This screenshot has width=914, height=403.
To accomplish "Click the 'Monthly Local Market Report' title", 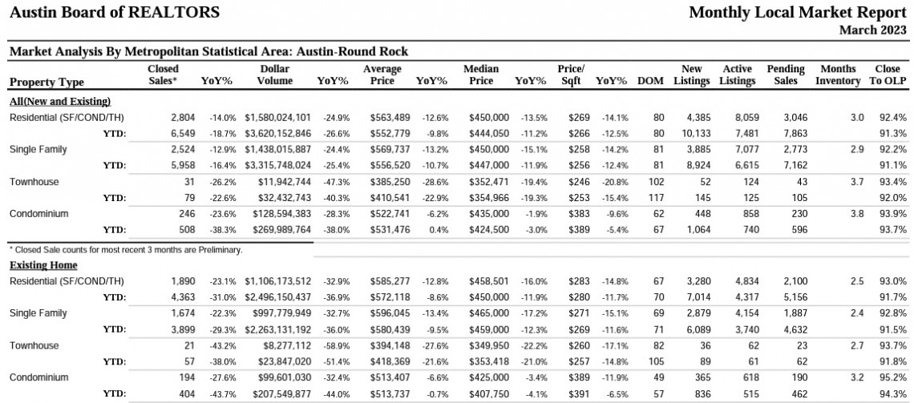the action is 798,12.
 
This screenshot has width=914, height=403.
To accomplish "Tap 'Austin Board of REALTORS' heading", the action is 115,12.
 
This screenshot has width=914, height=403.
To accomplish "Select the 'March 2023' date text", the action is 873,30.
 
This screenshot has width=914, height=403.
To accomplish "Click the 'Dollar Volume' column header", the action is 275,75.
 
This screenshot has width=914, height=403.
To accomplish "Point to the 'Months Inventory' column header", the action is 838,75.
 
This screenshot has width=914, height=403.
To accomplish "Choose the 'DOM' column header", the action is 650,81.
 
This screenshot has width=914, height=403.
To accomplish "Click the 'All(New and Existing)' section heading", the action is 60,101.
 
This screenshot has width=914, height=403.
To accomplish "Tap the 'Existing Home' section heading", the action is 44,265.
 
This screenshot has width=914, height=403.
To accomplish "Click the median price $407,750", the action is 489,393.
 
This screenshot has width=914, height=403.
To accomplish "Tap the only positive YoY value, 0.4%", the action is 438,229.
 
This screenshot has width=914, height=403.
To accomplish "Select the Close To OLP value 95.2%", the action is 894,377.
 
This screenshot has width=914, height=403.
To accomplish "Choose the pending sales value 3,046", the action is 795,118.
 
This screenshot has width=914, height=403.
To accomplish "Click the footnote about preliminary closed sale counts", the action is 126,250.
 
